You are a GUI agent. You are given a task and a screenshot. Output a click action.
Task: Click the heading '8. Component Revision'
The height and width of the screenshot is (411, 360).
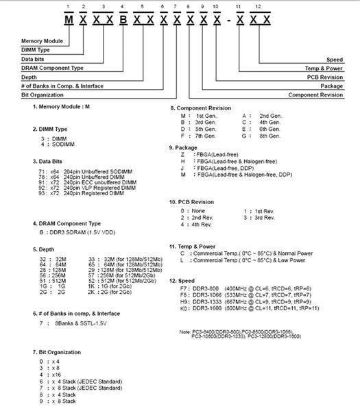pos(200,108)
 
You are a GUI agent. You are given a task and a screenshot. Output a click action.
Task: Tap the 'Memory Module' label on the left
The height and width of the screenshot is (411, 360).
pos(24,42)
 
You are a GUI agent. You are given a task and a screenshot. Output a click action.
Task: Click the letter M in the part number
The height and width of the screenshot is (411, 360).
pos(69,18)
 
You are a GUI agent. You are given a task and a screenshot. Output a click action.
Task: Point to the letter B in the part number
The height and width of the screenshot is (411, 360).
pos(123,18)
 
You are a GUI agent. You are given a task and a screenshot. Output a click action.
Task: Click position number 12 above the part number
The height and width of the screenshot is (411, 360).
pos(256,6)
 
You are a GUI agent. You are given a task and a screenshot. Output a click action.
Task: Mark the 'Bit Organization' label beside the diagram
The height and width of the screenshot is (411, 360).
pos(24,95)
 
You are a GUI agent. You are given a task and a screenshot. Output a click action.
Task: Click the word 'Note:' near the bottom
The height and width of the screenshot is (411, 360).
pos(183,331)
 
